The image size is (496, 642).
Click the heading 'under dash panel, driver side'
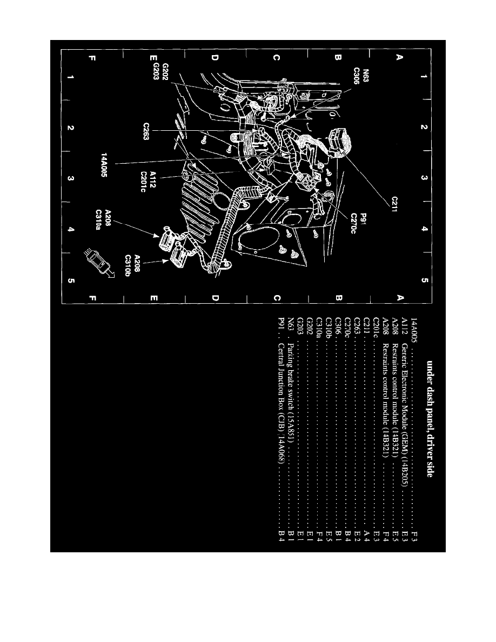[430, 416]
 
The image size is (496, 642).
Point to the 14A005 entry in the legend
[414, 432]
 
